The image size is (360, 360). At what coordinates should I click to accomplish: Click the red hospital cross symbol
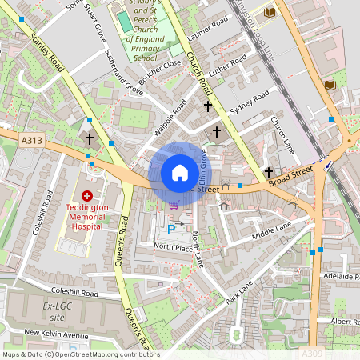click(87, 195)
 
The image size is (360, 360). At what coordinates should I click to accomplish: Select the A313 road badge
click(31, 141)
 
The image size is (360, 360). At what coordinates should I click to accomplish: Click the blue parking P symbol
click(170, 229)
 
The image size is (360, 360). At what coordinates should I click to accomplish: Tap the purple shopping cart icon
click(174, 206)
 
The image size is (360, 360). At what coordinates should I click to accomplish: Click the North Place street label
click(174, 248)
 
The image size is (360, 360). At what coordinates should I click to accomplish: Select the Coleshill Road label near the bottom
click(73, 294)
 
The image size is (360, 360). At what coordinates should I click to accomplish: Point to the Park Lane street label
click(238, 291)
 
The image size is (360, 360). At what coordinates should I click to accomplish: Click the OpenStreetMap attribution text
click(80, 354)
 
